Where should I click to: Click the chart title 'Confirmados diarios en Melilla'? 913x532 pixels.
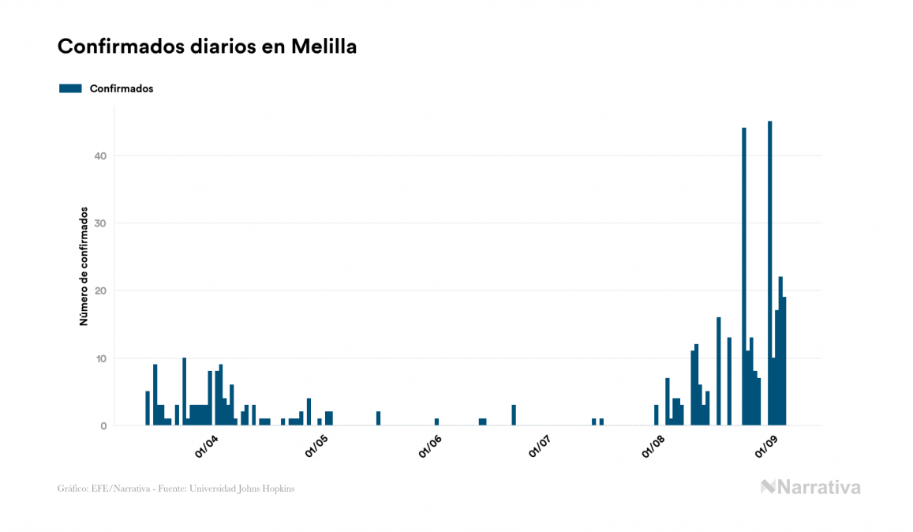pos(207,47)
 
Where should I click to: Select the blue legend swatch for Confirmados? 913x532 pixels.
pos(70,88)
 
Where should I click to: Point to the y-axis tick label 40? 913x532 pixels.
pos(99,155)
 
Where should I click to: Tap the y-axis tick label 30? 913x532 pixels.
pos(99,223)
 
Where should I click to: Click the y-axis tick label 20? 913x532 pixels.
pos(99,290)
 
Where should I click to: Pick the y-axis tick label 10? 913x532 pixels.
pos(99,358)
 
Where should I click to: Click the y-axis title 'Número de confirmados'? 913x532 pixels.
pos(83,266)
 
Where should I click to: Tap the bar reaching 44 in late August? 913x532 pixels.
pos(743,276)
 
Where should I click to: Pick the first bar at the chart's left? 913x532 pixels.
pos(148,409)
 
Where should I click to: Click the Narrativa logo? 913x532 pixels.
pos(810,487)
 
